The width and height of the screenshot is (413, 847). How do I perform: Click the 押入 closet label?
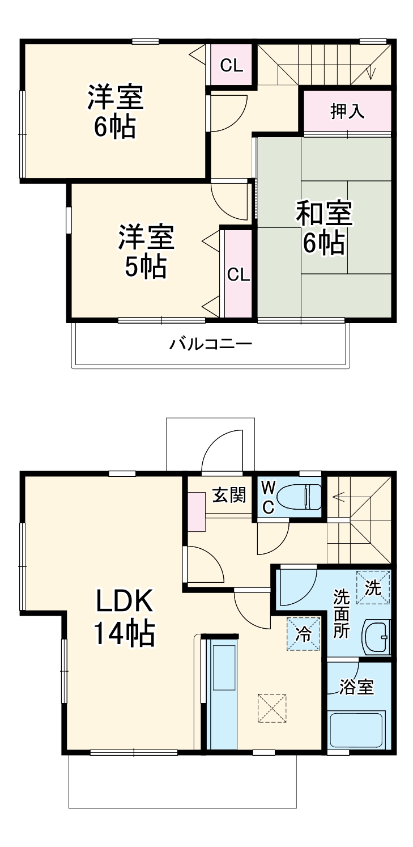(x=347, y=111)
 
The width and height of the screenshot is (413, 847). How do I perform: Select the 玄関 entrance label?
(x=229, y=495)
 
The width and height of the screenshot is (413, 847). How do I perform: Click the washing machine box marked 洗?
(x=373, y=587)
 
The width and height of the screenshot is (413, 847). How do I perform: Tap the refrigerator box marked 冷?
(x=303, y=633)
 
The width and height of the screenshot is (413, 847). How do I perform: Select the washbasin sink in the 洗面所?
(x=376, y=638)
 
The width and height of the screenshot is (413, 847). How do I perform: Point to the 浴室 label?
(x=356, y=688)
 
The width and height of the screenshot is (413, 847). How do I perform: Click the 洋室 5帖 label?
(x=146, y=251)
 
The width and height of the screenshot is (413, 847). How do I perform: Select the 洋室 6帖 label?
(x=115, y=111)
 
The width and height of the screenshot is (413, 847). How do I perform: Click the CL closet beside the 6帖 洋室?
(x=231, y=66)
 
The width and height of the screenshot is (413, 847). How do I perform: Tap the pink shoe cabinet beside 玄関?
(x=197, y=511)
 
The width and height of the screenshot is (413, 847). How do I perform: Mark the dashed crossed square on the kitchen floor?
(x=272, y=708)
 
